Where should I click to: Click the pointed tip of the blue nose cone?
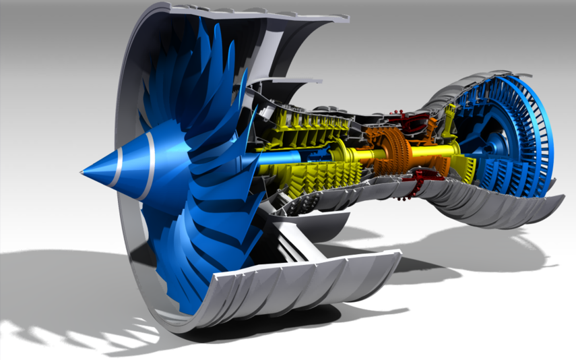[82, 173]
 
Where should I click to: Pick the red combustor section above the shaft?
[412, 125]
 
